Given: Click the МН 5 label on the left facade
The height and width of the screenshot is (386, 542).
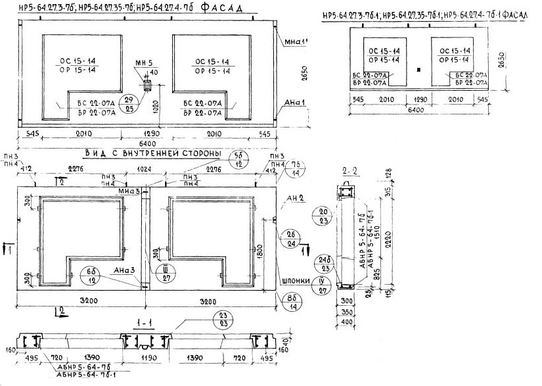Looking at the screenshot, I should point(144,63).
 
